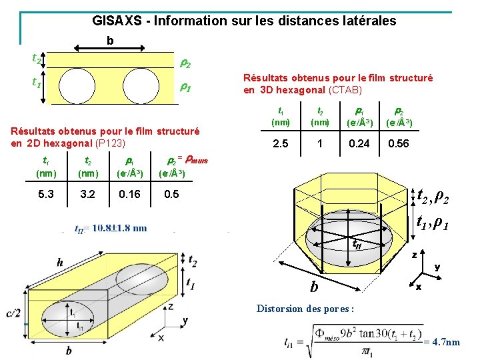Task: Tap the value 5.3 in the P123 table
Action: [47, 195]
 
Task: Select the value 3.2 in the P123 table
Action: [88, 195]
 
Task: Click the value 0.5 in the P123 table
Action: [171, 195]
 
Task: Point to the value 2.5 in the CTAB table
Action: [281, 144]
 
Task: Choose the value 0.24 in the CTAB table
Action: [359, 144]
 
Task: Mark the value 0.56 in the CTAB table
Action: [398, 144]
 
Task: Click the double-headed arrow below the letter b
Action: [109, 48]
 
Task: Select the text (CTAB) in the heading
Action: [345, 90]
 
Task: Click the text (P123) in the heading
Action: [111, 143]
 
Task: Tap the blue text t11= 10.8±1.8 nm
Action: [111, 228]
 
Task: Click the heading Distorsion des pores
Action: [305, 309]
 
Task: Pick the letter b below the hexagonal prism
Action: [313, 288]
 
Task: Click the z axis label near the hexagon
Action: [415, 254]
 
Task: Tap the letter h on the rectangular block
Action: [60, 263]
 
